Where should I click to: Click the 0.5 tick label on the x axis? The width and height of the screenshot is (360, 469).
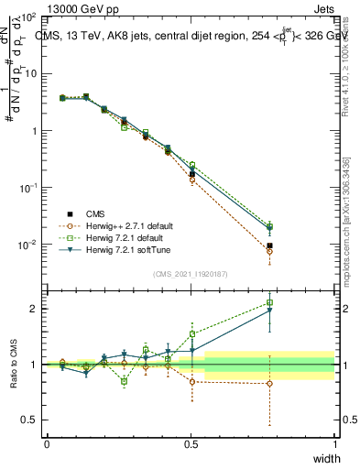[191, 444]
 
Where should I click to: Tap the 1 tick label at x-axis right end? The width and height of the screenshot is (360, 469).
[335, 444]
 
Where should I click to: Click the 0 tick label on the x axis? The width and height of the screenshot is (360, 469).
[47, 444]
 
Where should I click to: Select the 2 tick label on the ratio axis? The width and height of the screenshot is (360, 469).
[34, 309]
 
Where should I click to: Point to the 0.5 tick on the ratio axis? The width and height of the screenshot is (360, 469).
[30, 420]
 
